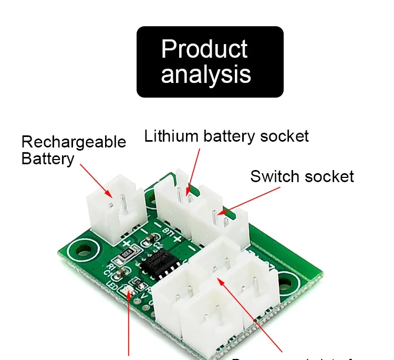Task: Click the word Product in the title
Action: pos(204,49)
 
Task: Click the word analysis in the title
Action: pos(205,74)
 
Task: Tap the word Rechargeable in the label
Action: pos(74,142)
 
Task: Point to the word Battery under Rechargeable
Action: pos(47,159)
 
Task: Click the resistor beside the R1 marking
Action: pos(127,254)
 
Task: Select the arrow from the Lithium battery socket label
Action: pos(193,169)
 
